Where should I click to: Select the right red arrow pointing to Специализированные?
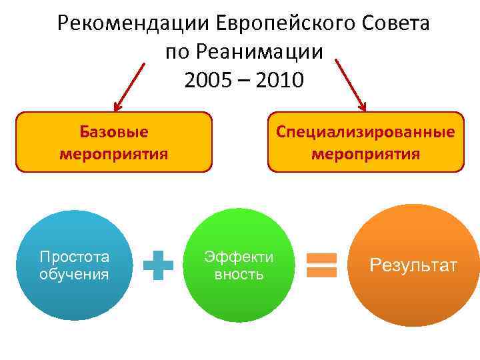(x=351, y=83)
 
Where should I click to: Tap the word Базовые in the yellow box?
(x=113, y=132)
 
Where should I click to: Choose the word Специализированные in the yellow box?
(x=365, y=132)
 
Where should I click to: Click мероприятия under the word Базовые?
(x=113, y=155)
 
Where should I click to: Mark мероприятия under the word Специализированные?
(x=365, y=155)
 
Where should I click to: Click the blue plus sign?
(x=159, y=265)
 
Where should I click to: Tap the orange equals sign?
(x=321, y=265)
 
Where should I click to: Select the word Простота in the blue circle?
(x=74, y=257)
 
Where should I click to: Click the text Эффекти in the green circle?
(x=239, y=257)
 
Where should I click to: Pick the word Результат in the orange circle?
(x=413, y=266)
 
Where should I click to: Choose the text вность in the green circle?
(x=239, y=274)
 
